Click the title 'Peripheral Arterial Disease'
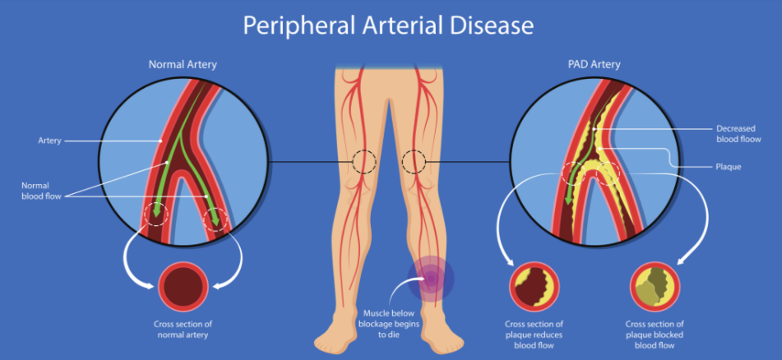(388, 25)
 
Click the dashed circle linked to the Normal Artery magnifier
(363, 162)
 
